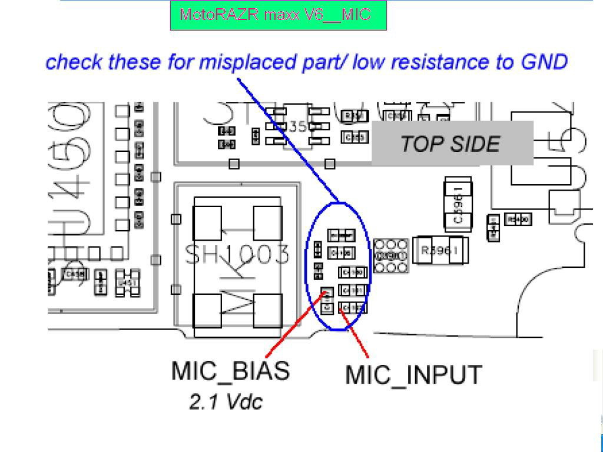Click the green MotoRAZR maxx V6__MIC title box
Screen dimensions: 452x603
[x=278, y=15]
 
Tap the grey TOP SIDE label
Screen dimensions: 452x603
[x=451, y=144]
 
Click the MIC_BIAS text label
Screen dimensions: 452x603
[x=230, y=371]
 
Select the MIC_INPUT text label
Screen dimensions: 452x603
[x=413, y=375]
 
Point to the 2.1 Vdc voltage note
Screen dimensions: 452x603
[x=226, y=401]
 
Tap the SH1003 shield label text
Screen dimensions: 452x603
[x=237, y=255]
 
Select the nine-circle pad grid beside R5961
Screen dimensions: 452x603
[x=390, y=256]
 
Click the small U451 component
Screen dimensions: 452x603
[x=127, y=282]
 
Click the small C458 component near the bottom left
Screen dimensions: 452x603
[x=74, y=274]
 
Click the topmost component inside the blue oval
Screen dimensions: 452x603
[x=342, y=235]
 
